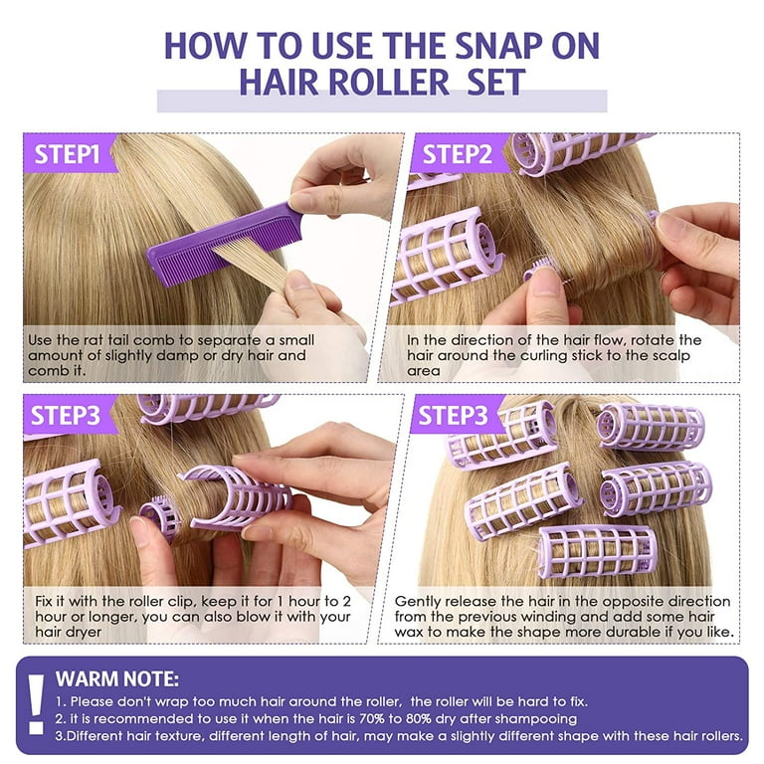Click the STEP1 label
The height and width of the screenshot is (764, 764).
[x=68, y=153]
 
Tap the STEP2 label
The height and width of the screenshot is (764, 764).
[x=459, y=153]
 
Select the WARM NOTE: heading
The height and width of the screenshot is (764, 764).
[x=117, y=679]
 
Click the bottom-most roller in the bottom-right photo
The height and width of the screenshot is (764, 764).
[x=597, y=551]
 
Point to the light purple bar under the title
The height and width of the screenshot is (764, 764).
[x=382, y=100]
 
